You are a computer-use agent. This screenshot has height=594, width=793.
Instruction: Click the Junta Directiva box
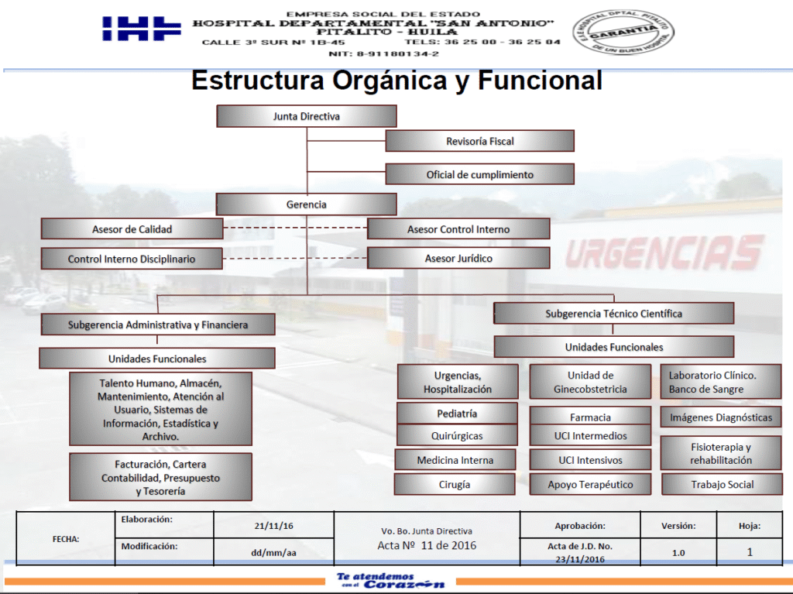[307, 116]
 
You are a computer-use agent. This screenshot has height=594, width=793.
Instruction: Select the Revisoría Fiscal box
[480, 141]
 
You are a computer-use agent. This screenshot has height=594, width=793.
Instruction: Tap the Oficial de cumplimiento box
[480, 174]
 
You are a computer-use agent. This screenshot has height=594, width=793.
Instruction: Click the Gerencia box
[307, 204]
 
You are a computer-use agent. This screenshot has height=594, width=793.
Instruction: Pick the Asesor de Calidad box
[132, 229]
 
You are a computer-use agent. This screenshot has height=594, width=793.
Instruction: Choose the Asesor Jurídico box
[458, 258]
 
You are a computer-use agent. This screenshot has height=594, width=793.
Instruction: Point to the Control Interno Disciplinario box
[132, 259]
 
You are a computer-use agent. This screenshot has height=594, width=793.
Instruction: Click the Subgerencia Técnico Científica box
[613, 314]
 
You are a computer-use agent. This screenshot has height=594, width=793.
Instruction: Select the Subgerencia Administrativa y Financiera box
[158, 324]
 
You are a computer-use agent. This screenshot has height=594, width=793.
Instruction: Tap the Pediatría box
[457, 414]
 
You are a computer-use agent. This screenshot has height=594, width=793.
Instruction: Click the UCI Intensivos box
[590, 460]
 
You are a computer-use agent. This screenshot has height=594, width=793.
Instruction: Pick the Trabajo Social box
[722, 485]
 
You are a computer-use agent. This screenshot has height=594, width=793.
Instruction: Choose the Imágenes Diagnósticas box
[721, 417]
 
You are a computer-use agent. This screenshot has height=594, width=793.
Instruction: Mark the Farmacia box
[590, 417]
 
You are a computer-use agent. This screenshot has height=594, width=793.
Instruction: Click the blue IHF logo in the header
[142, 29]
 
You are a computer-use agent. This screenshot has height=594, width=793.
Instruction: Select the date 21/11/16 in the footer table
[273, 526]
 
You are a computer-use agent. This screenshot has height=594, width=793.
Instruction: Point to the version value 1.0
[678, 552]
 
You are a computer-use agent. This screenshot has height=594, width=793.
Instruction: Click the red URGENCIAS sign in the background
[662, 254]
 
